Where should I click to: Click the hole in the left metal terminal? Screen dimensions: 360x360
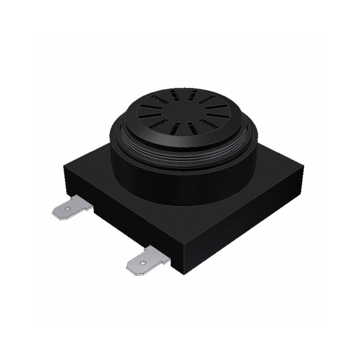click(67, 209)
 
